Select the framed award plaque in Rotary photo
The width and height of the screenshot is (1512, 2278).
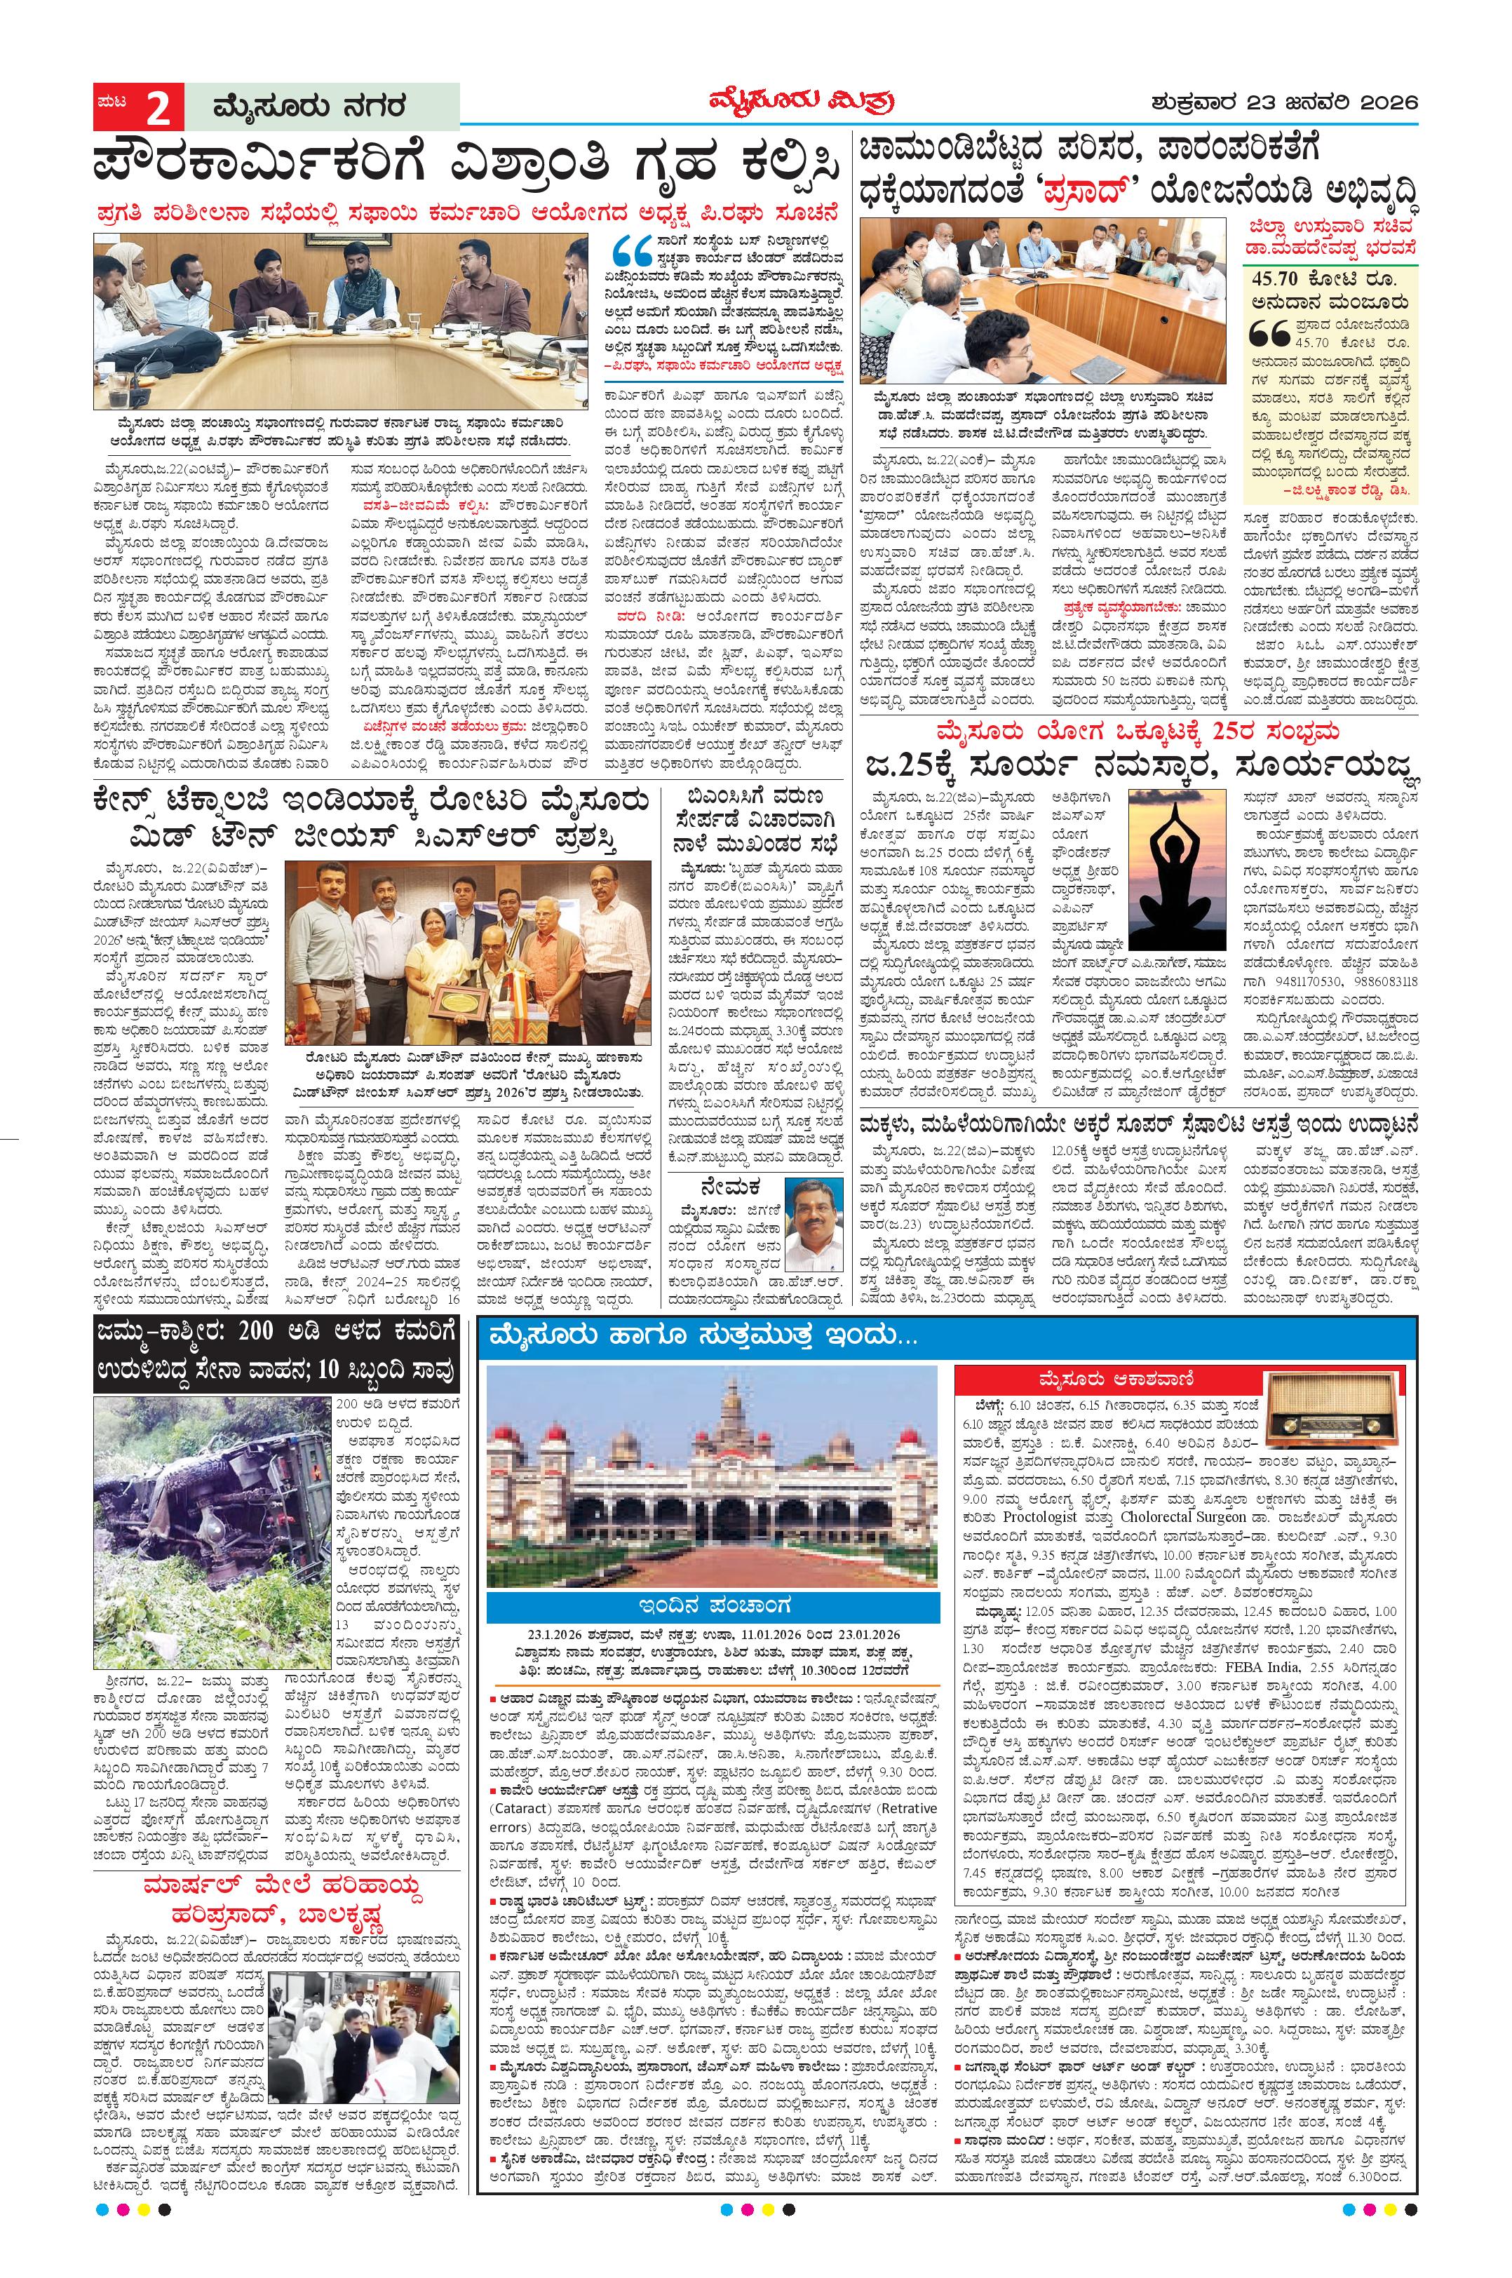pos(456,1029)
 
